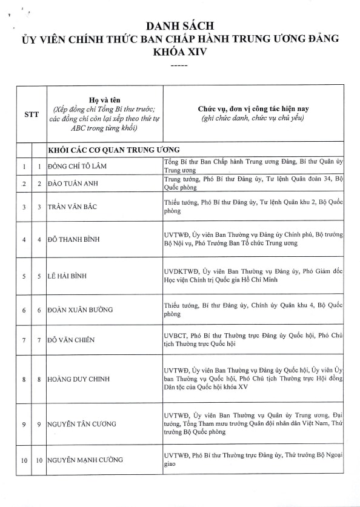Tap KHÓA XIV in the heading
click(180, 53)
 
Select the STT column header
click(32, 113)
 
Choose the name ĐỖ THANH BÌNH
click(75, 239)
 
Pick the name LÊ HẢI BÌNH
click(69, 276)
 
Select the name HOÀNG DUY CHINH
click(79, 379)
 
